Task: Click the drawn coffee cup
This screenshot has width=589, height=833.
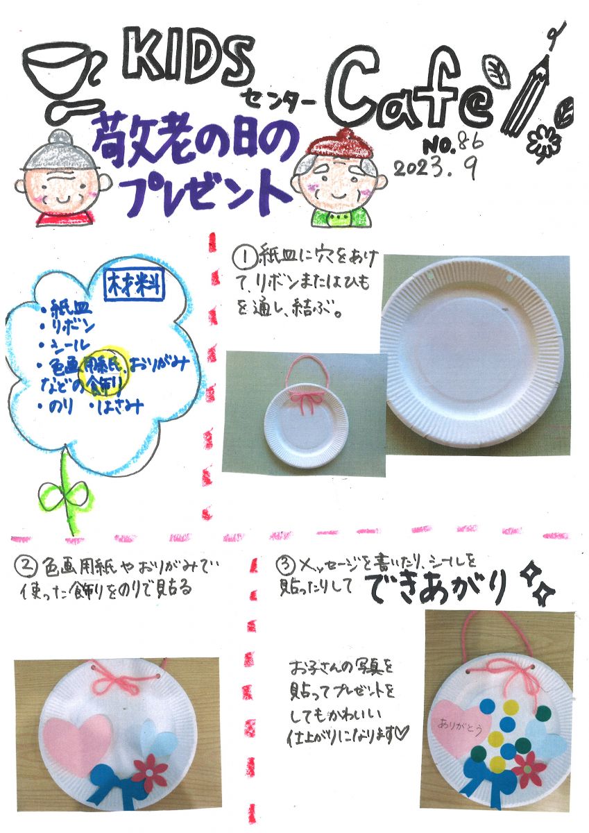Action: tap(64, 72)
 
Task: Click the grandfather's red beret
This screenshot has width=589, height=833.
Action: tap(341, 143)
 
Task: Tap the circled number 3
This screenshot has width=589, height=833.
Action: tap(286, 566)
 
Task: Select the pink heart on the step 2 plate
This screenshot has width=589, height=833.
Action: tap(77, 737)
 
